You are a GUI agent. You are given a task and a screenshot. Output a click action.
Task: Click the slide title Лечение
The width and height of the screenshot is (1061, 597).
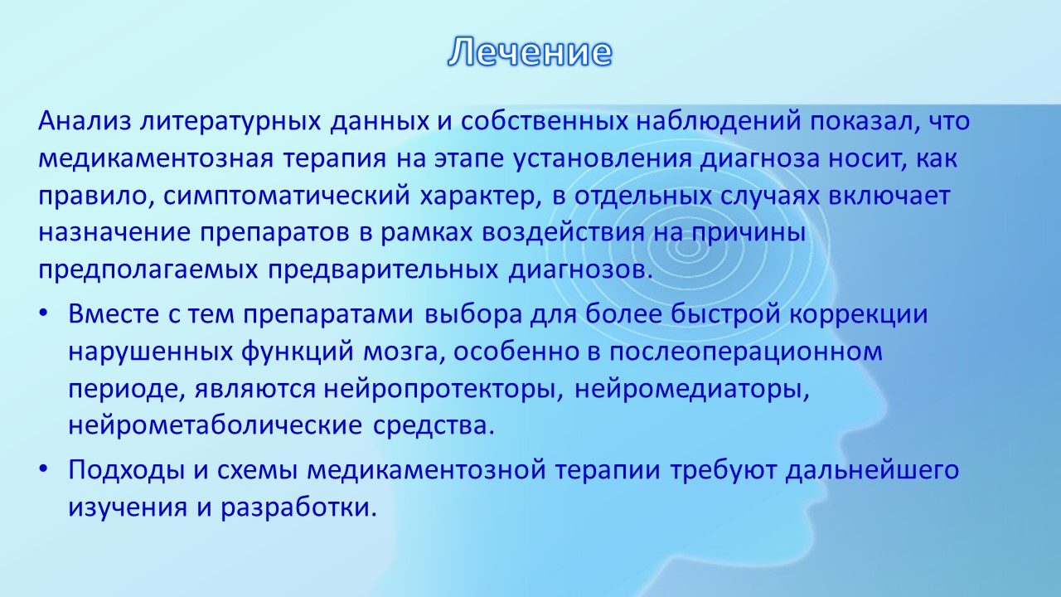[530, 51]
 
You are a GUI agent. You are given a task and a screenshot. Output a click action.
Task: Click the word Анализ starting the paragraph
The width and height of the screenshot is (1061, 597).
[85, 121]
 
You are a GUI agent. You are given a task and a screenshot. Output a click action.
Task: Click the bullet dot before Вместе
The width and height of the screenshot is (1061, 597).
[44, 314]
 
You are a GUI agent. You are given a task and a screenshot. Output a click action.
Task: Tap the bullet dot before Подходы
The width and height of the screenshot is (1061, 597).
[44, 469]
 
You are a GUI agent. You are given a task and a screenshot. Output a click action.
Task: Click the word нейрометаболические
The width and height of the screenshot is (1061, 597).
[216, 426]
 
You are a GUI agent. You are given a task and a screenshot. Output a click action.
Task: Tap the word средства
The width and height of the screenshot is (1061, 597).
[434, 426]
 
